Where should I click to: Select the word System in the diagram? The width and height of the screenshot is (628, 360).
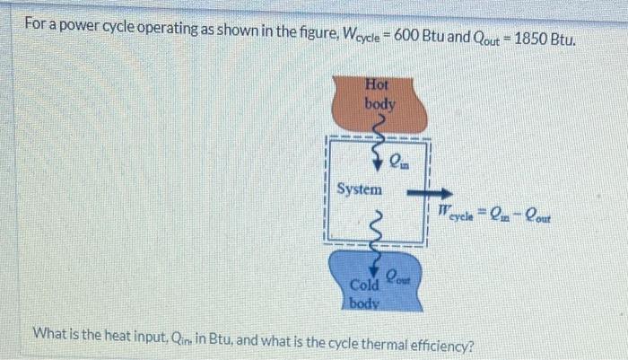pyautogui.click(x=360, y=189)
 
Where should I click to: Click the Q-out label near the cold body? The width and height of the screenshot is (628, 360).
pyautogui.click(x=398, y=272)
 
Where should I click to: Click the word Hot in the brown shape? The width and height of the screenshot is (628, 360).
pyautogui.click(x=378, y=84)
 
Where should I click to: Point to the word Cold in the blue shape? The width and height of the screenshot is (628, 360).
pyautogui.click(x=364, y=285)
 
